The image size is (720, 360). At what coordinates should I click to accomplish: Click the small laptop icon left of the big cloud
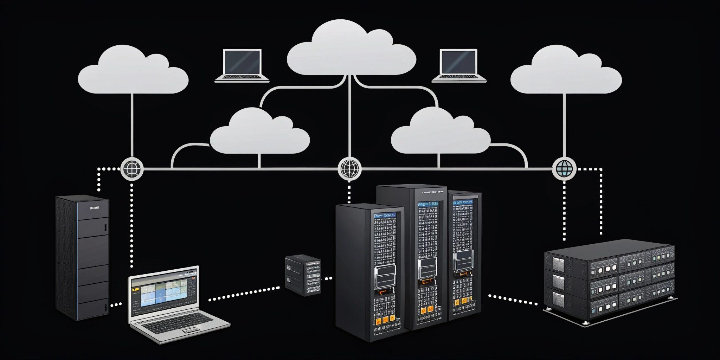(242, 65)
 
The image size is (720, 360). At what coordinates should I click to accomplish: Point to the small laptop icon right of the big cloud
(459, 65)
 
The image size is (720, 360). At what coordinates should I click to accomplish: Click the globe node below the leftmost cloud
(132, 169)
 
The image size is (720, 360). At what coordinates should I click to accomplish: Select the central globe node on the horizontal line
(349, 168)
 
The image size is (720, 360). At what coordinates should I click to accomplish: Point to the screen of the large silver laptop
(164, 292)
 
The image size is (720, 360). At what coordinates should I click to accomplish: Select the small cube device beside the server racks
(303, 275)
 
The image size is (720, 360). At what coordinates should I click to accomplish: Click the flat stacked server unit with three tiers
(610, 279)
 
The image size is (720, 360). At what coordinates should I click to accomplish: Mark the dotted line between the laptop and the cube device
(244, 294)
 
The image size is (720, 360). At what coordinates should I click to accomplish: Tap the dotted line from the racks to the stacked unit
(513, 300)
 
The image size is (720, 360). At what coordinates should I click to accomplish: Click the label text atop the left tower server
(95, 208)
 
